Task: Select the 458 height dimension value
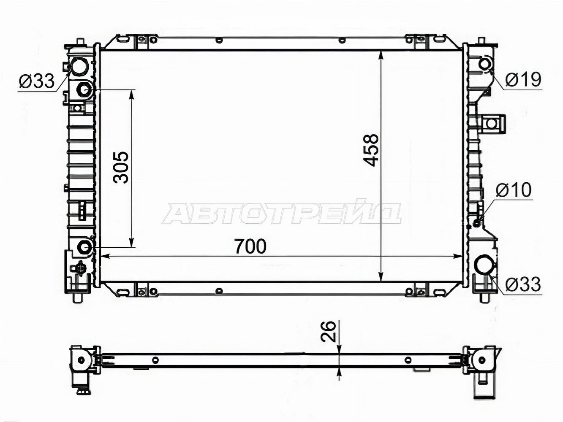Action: (371, 150)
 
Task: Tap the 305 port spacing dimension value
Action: (120, 168)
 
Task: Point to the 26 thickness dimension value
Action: (328, 332)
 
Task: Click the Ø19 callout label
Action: (523, 80)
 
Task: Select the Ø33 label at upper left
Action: (37, 81)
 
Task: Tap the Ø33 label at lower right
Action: (523, 284)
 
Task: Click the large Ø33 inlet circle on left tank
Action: (80, 66)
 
